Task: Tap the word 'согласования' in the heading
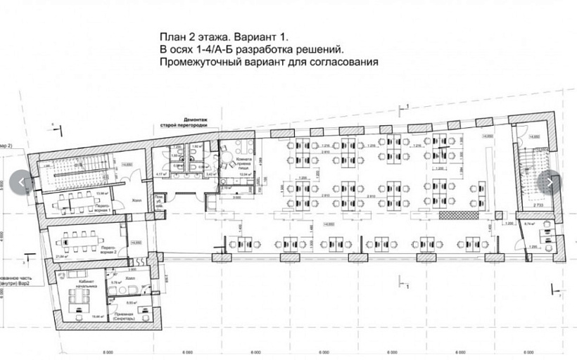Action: pos(345,61)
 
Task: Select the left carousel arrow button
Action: pos(21,181)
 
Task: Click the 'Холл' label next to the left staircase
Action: pos(137,200)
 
